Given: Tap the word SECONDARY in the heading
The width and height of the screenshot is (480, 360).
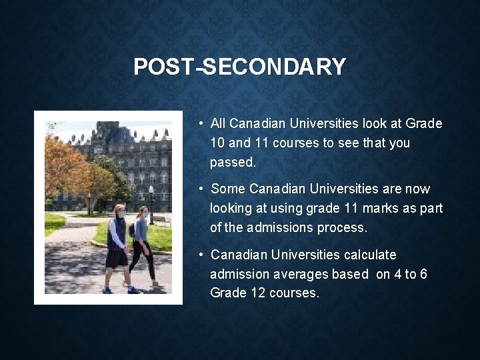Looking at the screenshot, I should click(275, 67).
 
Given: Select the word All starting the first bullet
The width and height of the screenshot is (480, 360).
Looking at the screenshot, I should click(217, 123).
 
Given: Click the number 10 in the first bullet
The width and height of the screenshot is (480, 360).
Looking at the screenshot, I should click(217, 143).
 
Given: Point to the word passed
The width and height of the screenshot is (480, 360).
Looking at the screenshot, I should click(233, 162).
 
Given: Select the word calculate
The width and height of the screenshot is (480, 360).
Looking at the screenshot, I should click(370, 255).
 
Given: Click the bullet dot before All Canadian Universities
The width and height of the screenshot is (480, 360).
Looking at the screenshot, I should click(201, 123).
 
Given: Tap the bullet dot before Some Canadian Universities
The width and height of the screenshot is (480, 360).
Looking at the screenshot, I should click(201, 189).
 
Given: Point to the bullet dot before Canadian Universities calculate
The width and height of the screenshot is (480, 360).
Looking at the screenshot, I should click(201, 255).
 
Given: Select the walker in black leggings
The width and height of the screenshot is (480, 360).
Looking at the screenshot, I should click(143, 247).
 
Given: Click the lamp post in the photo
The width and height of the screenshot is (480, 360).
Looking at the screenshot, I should click(152, 203).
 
